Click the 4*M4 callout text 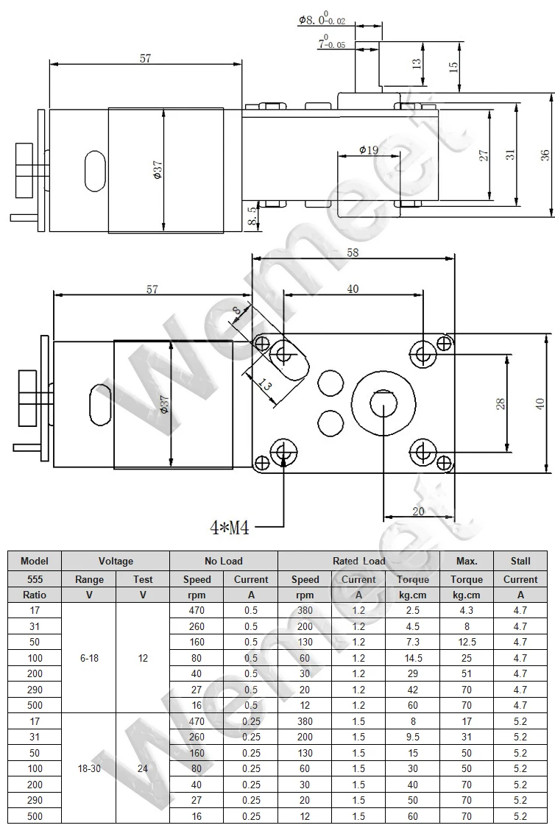pyautogui.click(x=230, y=527)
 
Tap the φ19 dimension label pyautogui.click(x=369, y=149)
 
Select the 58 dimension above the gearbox pyautogui.click(x=353, y=252)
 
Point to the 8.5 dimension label pyautogui.click(x=253, y=216)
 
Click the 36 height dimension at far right pyautogui.click(x=545, y=155)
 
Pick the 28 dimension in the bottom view pyautogui.click(x=501, y=403)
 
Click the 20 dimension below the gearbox pyautogui.click(x=418, y=512)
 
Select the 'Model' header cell pyautogui.click(x=35, y=561)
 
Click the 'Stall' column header pyautogui.click(x=520, y=561)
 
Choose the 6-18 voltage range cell pyautogui.click(x=89, y=658)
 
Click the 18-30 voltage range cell pyautogui.click(x=89, y=768)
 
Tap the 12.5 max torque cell pyautogui.click(x=467, y=642)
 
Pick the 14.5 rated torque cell pyautogui.click(x=413, y=658)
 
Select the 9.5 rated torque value pyautogui.click(x=413, y=737)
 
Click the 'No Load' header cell pyautogui.click(x=224, y=561)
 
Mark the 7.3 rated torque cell pyautogui.click(x=413, y=642)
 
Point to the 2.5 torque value pyautogui.click(x=413, y=610)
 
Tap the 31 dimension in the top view pyautogui.click(x=510, y=155)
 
